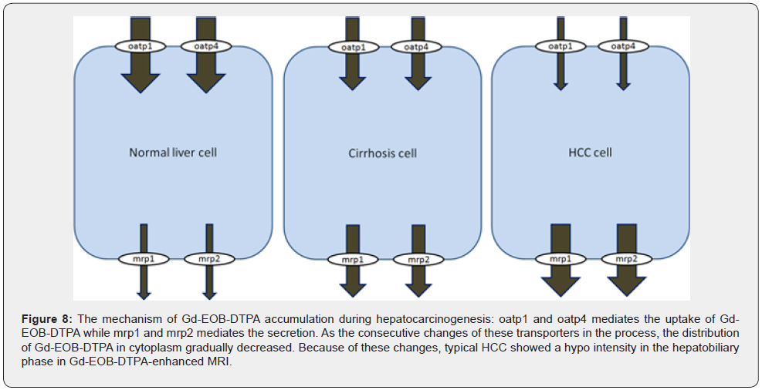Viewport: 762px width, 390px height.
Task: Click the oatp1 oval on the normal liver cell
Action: click(x=141, y=46)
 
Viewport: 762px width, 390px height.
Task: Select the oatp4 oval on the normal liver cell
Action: click(x=206, y=46)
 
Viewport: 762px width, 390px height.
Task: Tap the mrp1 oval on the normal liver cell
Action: click(x=144, y=258)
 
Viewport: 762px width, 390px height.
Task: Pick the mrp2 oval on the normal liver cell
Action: click(x=208, y=258)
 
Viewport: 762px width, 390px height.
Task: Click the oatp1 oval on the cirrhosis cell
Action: click(x=352, y=48)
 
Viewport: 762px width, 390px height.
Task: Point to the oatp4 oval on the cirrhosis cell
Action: click(x=416, y=48)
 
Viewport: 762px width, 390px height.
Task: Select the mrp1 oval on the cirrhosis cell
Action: click(x=353, y=259)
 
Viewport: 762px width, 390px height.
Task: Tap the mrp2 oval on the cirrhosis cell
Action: click(x=418, y=259)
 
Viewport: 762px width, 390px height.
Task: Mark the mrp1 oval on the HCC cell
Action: click(x=560, y=259)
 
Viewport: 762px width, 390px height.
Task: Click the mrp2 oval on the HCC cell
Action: click(x=626, y=259)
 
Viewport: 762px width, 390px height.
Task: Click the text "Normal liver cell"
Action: click(x=173, y=153)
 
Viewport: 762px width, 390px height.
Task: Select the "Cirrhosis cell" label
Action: click(x=382, y=153)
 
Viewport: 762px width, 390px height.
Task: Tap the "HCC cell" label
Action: click(x=590, y=153)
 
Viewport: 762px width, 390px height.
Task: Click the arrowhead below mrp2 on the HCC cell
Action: click(x=626, y=285)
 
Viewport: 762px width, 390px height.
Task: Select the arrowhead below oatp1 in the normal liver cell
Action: click(x=141, y=82)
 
